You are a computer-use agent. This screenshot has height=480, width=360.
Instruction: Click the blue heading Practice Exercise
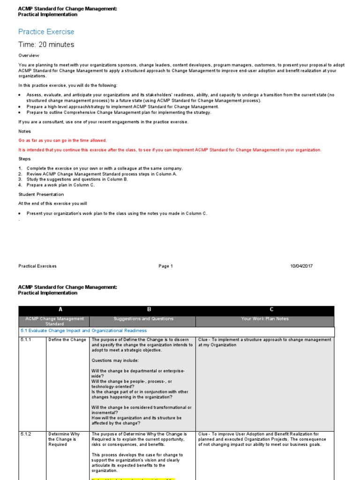tap(46, 32)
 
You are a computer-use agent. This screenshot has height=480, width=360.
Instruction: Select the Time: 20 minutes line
tap(46, 45)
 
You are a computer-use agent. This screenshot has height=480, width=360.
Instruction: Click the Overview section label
tap(29, 55)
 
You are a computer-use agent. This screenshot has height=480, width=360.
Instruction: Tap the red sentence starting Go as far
tap(62, 140)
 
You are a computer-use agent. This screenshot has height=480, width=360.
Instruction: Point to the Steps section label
tap(24, 159)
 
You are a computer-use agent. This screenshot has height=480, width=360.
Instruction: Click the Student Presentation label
tap(41, 194)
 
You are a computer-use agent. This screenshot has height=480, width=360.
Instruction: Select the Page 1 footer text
tap(165, 266)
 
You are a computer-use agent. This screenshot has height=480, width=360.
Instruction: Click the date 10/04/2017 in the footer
tap(301, 266)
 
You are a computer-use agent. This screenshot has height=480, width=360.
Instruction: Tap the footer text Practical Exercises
tap(37, 266)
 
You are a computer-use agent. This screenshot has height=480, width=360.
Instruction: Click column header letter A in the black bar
tap(60, 310)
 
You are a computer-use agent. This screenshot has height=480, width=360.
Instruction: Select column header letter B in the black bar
tap(149, 310)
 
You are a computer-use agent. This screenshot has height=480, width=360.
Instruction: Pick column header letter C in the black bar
tap(271, 310)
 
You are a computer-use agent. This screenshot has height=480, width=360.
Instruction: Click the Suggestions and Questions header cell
tap(143, 319)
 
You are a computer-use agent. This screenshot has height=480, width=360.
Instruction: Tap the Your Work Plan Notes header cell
tap(265, 319)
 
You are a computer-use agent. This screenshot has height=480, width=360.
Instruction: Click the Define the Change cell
tap(67, 340)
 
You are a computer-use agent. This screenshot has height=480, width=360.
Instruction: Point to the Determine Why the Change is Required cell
tap(65, 439)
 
